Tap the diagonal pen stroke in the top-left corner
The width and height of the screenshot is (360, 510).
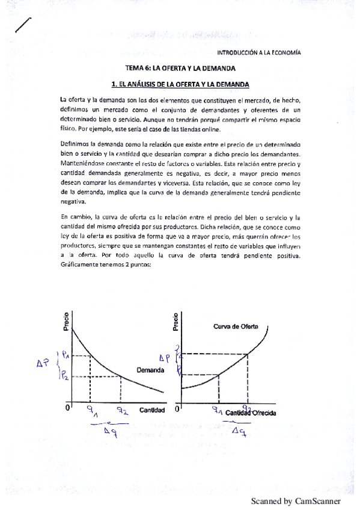tap(22, 25)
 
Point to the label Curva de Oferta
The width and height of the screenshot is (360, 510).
tap(236, 326)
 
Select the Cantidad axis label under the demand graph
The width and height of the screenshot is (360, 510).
tap(152, 410)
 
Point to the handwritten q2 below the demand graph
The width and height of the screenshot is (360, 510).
tap(122, 412)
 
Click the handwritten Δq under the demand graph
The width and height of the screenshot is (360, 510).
tap(109, 431)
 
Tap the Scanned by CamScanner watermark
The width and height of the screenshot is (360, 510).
tap(296, 501)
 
